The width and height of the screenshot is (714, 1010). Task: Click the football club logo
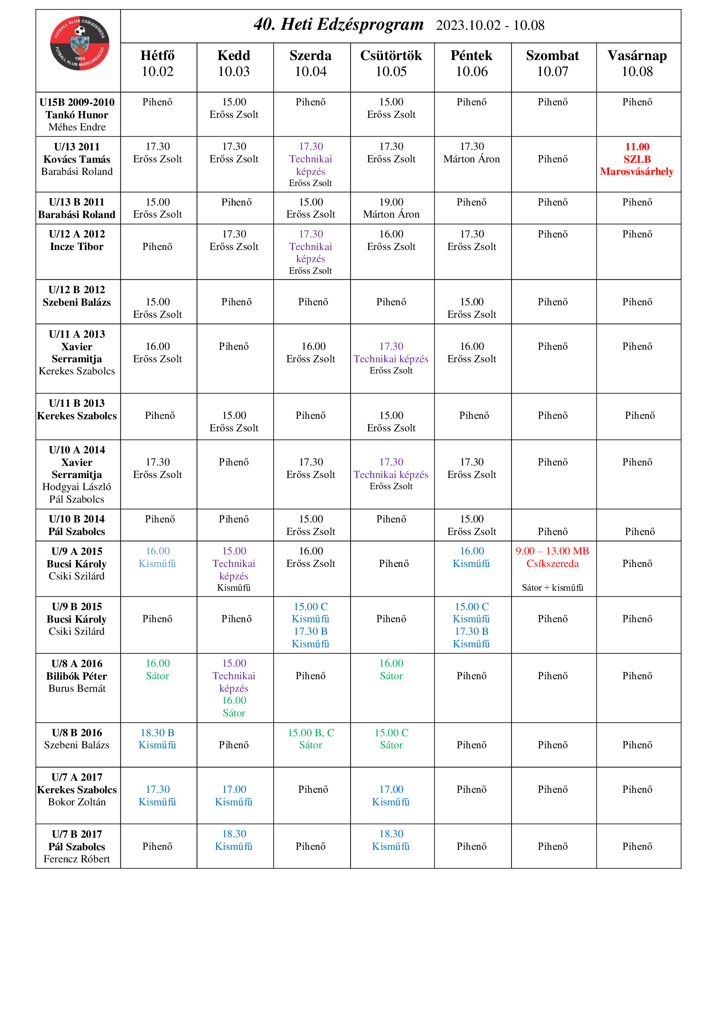[79, 43]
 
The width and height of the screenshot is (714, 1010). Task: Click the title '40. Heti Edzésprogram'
[338, 25]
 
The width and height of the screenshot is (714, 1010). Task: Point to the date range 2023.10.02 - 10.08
[490, 25]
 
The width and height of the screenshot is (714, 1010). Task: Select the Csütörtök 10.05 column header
[391, 63]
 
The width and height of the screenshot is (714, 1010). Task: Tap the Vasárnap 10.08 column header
[637, 63]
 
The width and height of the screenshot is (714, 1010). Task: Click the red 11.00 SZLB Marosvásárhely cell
[637, 159]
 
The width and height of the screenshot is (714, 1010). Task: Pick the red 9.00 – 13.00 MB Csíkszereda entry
[552, 557]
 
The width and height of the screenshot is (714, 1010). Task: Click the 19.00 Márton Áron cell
[391, 208]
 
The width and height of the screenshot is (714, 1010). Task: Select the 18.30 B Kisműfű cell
[158, 738]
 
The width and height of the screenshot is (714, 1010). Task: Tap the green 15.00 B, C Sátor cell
[310, 738]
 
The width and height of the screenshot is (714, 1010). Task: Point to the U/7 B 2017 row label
[77, 834]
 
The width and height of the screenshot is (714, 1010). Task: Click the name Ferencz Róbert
[77, 859]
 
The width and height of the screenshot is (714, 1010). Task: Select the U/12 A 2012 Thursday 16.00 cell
[391, 240]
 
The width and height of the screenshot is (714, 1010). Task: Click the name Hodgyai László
[77, 487]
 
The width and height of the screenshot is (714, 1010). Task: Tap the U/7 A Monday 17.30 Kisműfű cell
[158, 795]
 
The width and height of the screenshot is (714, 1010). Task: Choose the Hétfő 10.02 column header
[158, 63]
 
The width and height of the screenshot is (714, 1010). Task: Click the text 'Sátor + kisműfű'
[552, 587]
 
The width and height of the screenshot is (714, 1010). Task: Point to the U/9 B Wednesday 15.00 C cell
[310, 612]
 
